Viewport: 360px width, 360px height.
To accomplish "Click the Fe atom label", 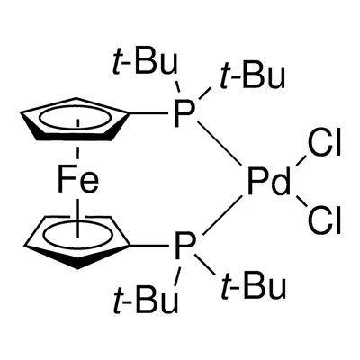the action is pos(78,180).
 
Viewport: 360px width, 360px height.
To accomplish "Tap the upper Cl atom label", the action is pos(324,144).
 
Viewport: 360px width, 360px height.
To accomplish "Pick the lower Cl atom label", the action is pos(324,221).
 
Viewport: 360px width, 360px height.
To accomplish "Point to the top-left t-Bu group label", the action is pos(145,63).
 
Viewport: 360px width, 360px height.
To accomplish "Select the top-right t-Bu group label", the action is pos(252,77).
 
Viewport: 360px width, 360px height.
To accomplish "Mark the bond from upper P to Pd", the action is pos(220,143).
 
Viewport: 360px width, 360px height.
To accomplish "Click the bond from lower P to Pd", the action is pos(223,216).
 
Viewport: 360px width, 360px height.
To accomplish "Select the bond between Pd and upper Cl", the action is pos(301,161).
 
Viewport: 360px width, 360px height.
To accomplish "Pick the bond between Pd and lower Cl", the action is pos(301,202).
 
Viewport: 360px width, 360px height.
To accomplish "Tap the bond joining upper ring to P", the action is pos(148,113).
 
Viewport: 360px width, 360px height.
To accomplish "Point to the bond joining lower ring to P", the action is pos(149,246).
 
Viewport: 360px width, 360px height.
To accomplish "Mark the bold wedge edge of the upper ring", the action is pos(75,137).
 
